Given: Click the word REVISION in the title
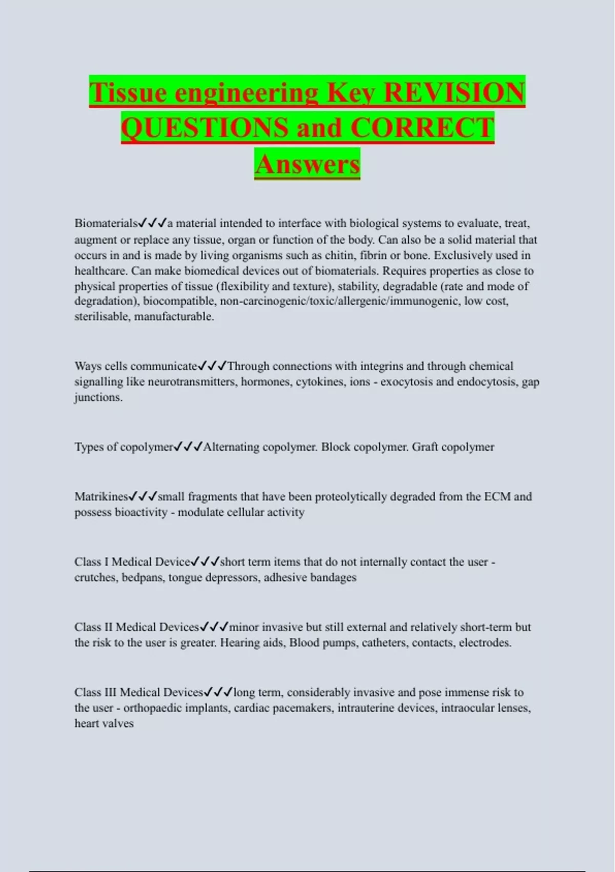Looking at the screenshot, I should [454, 92].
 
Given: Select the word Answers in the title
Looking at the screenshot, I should [307, 164].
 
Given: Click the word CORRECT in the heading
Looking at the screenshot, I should [422, 128].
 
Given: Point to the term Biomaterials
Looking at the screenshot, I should [106, 223].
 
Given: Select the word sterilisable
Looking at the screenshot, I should [101, 316].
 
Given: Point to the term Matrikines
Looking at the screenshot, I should [101, 497].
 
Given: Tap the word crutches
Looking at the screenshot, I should [95, 578].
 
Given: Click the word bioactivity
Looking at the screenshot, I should [141, 512].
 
